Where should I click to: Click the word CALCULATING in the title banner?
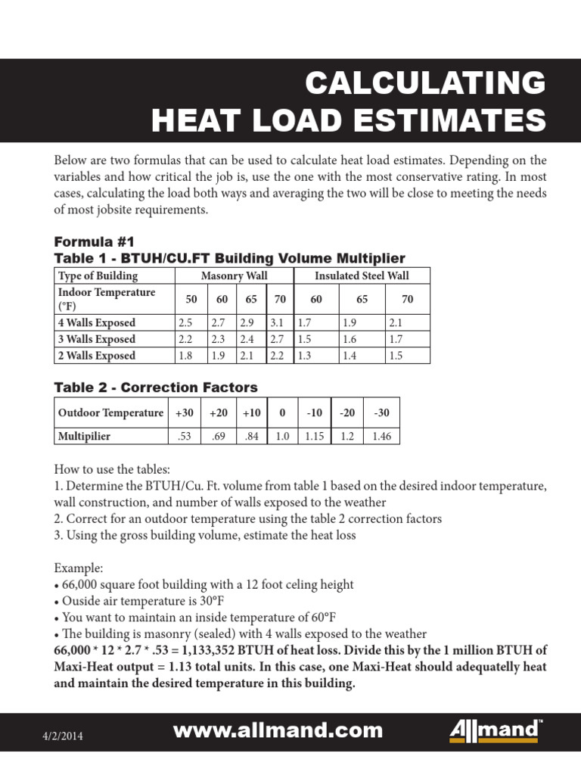point(424,82)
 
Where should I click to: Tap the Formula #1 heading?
point(94,242)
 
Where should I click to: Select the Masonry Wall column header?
point(235,276)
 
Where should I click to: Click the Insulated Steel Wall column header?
point(362,276)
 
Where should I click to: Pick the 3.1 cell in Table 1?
point(277,323)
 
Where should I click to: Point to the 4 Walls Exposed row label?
point(97,323)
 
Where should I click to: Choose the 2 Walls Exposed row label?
point(97,356)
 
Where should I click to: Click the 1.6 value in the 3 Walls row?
point(350,340)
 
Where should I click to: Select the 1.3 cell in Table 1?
point(304,356)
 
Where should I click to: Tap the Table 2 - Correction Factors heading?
point(156,387)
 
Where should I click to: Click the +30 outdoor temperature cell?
point(184,413)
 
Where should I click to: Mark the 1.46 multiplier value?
point(381,437)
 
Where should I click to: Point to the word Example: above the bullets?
point(78,568)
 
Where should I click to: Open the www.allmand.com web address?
point(278,731)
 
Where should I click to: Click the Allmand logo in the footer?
point(496,732)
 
